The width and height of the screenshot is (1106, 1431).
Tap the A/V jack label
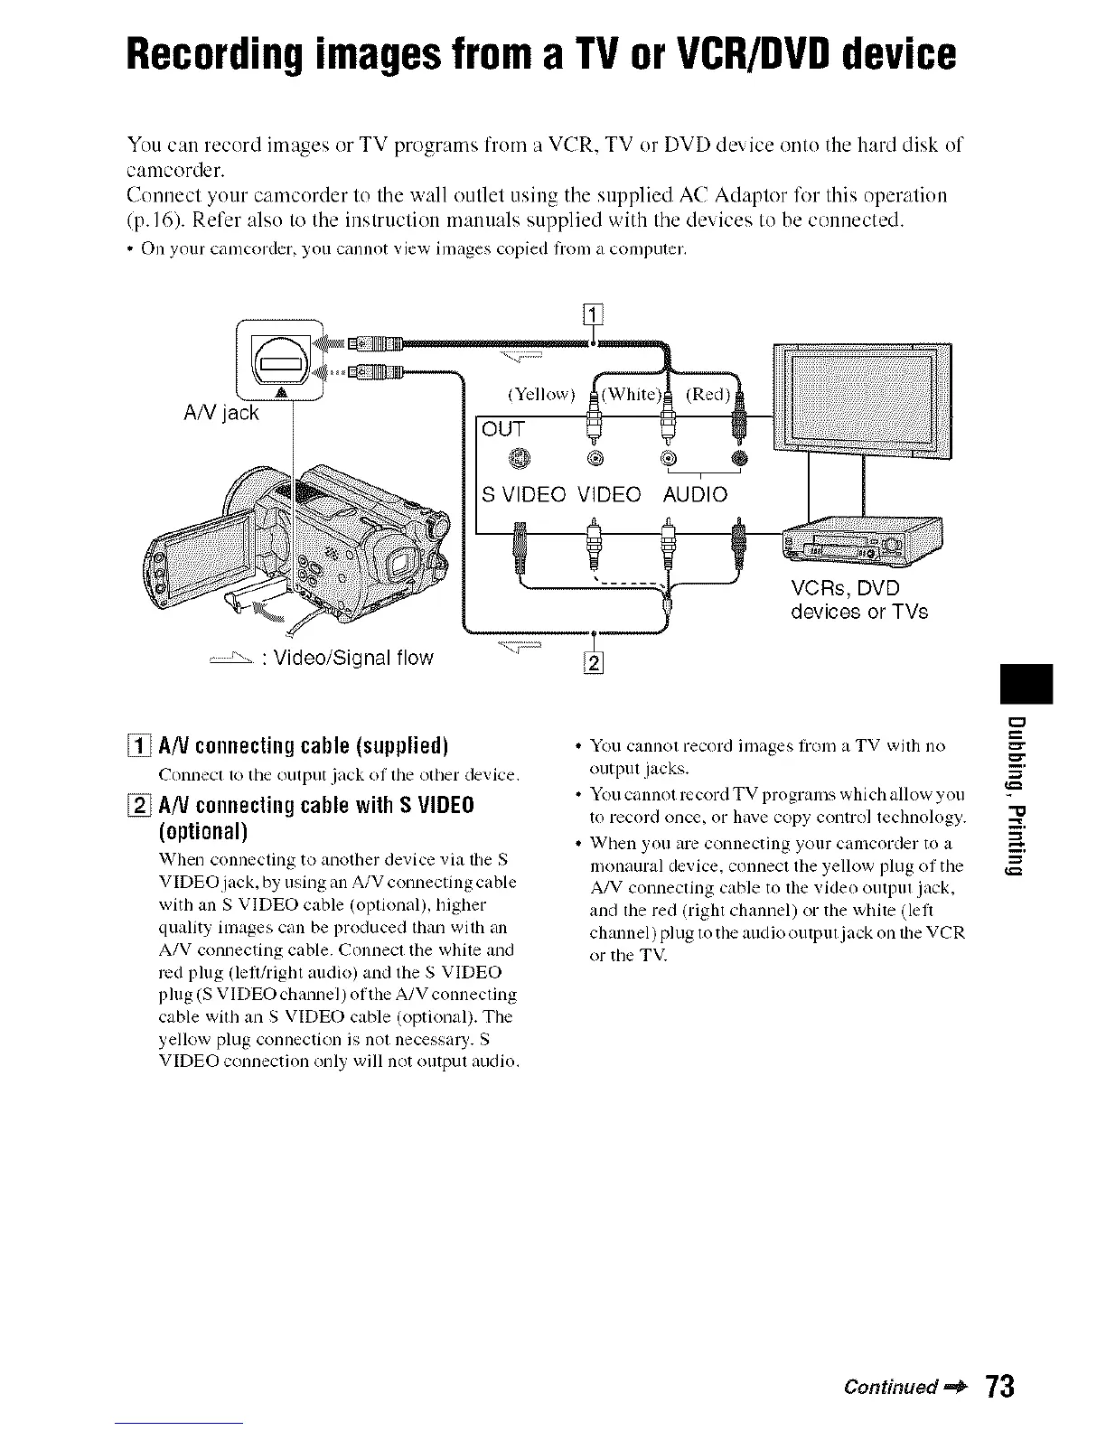coord(220,413)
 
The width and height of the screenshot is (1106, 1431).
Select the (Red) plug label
coord(708,395)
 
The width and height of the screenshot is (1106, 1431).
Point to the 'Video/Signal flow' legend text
coord(347,658)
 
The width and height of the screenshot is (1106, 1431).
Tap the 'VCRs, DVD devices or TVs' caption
coord(858,600)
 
